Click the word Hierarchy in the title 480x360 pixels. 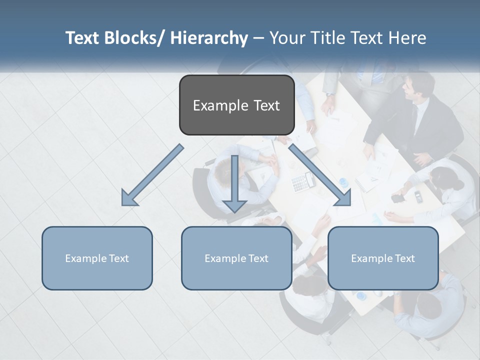209,38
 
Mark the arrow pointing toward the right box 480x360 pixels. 320,175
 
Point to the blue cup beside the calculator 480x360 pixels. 343,182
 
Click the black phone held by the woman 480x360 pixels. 398,198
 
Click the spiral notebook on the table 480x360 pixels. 367,183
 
